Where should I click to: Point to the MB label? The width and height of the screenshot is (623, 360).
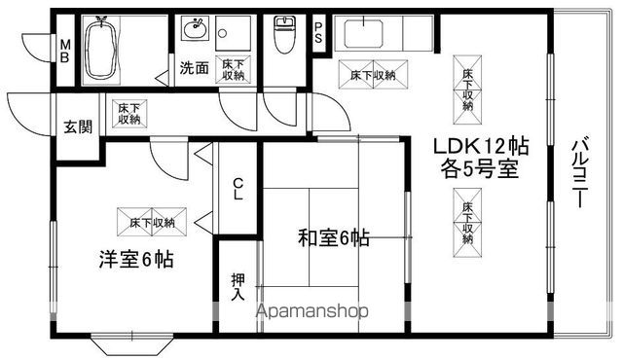click(65, 49)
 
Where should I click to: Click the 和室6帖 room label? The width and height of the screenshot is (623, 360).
click(334, 235)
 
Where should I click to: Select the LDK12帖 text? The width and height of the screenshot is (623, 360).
click(481, 146)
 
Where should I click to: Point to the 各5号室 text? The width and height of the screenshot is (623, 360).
click(481, 167)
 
